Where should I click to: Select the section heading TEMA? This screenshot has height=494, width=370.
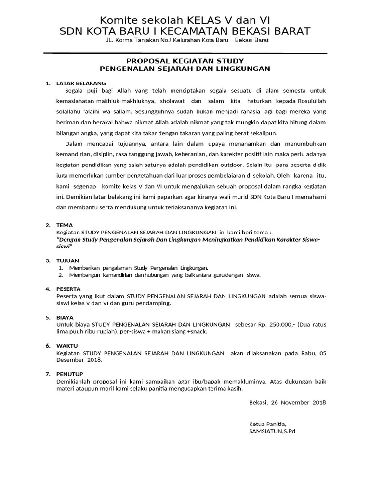(64, 225)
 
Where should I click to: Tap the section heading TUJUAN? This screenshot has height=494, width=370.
(67, 261)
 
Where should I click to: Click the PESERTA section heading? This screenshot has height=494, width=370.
(68, 289)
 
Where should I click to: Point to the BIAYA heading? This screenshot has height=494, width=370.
(65, 317)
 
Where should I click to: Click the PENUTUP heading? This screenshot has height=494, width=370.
(70, 374)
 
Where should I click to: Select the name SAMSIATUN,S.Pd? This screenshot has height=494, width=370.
(272, 431)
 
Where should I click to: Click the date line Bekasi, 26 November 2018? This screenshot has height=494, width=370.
(287, 402)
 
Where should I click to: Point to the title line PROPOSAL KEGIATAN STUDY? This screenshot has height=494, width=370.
(185, 61)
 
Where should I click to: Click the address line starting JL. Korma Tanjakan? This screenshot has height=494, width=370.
(187, 40)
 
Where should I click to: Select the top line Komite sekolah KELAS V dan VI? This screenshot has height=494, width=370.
(185, 20)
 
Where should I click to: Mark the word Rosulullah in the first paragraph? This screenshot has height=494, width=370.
(306, 102)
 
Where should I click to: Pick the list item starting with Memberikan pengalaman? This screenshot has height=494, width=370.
(139, 267)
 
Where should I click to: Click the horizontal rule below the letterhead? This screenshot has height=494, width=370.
(185, 52)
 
